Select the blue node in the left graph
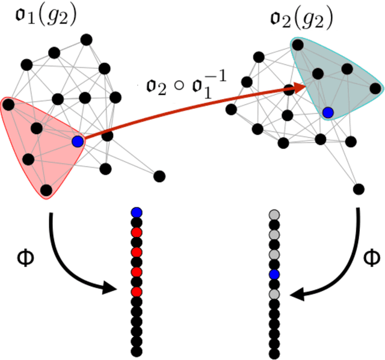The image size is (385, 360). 77,141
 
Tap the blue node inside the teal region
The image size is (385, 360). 328,112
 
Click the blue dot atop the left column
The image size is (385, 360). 137,212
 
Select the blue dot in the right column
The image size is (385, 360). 274,275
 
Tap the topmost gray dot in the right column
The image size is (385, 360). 274,214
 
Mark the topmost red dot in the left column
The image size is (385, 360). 137,232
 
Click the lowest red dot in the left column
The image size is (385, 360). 137,291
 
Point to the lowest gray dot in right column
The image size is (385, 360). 274,294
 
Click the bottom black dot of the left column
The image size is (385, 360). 137,350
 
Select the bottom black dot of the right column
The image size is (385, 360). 274,350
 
